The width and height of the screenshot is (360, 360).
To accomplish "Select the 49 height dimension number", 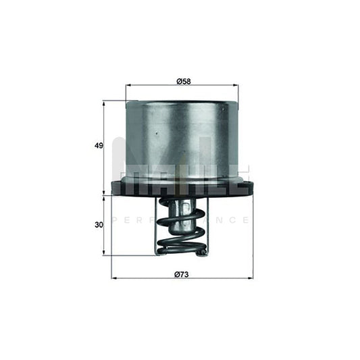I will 99,146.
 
